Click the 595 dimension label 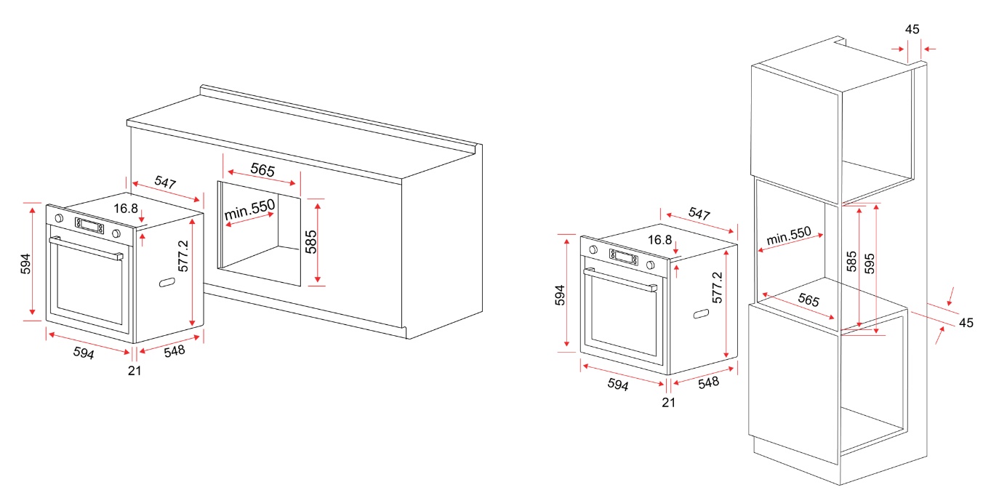[x=870, y=263]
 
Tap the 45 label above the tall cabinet [x=912, y=29]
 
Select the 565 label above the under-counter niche [x=262, y=169]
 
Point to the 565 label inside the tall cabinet [x=809, y=300]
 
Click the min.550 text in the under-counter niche [x=249, y=209]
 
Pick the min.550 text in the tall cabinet [x=789, y=236]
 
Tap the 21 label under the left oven [x=135, y=371]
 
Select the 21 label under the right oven [x=668, y=403]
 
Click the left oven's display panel [x=89, y=225]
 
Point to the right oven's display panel [x=623, y=257]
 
